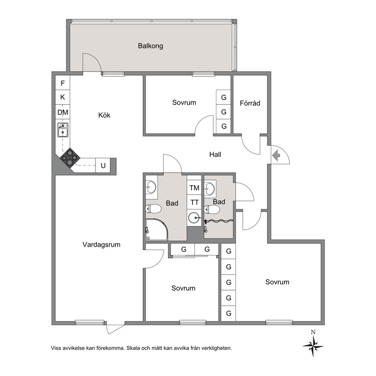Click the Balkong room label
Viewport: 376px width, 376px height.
point(150,46)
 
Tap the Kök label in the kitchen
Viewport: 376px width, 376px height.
point(104,115)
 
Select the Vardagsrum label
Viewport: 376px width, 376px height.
point(102,244)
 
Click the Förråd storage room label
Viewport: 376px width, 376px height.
point(250,103)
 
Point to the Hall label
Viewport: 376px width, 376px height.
point(215,154)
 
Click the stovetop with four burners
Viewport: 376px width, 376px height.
point(70,157)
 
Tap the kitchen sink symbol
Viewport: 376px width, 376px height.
point(63,130)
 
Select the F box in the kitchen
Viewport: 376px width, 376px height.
point(63,83)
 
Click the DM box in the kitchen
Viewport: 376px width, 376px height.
point(63,112)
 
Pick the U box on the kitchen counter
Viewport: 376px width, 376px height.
point(103,166)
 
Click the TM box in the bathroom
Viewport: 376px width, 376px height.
point(194,188)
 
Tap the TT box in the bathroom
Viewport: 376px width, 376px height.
point(194,202)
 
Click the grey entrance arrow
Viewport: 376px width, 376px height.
point(276,155)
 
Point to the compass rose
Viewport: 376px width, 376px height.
point(313,346)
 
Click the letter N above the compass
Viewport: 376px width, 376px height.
point(313,332)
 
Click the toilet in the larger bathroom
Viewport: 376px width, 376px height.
point(153,209)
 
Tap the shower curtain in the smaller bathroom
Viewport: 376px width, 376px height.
point(219,221)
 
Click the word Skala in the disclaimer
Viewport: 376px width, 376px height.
point(133,348)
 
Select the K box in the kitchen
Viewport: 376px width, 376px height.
point(63,97)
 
